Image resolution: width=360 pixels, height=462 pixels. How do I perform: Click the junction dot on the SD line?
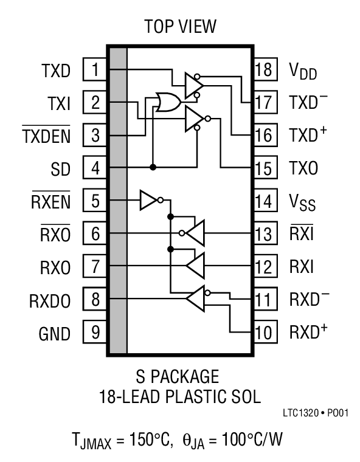(153, 167)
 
